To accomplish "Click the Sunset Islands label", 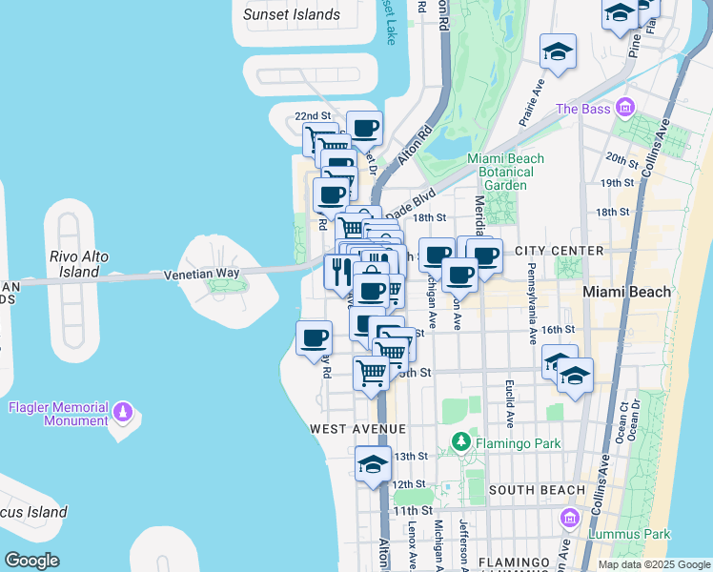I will (291, 14).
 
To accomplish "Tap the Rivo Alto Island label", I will (79, 264).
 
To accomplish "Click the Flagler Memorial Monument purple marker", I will (122, 412).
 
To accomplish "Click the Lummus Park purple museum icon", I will (570, 519).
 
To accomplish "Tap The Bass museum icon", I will (624, 107).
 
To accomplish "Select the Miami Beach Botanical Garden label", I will (505, 172).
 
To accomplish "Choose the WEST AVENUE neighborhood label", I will (357, 430).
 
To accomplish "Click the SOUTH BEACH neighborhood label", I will (537, 490).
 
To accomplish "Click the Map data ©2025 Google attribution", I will (653, 564).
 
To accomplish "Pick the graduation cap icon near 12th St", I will (374, 465).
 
